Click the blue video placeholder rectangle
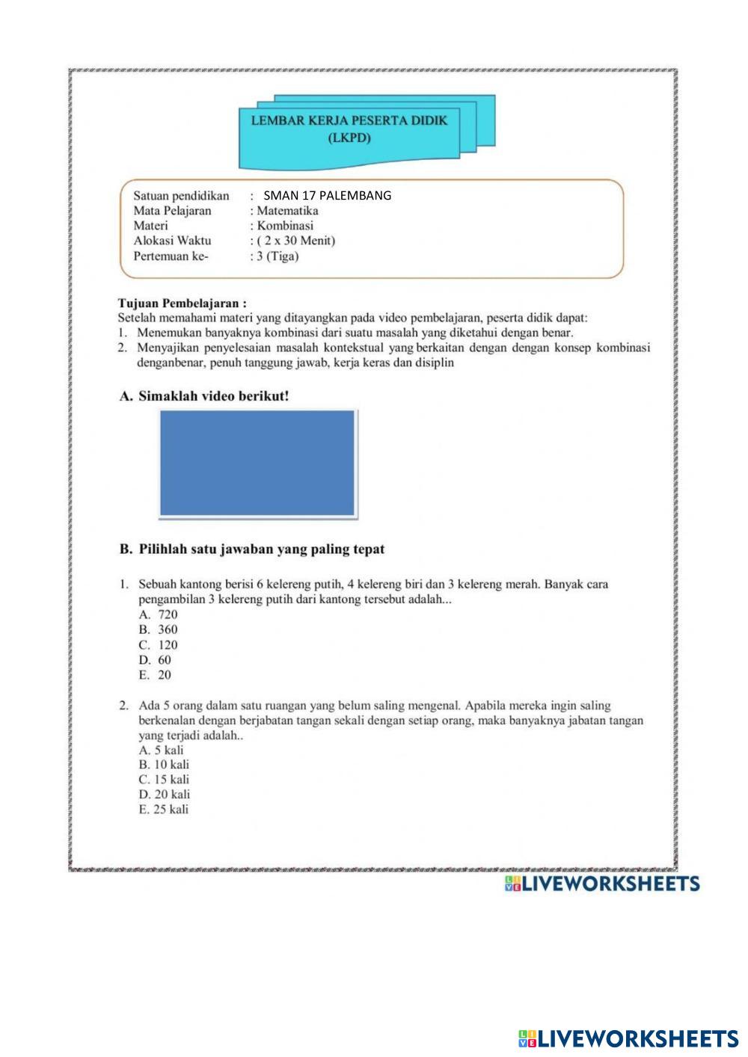click(258, 463)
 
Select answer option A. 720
click(159, 614)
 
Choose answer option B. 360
click(159, 629)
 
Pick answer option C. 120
click(159, 645)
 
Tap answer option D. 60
click(156, 660)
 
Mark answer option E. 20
click(156, 675)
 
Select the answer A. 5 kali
click(161, 750)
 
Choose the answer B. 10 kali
click(164, 765)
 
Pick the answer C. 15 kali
click(164, 780)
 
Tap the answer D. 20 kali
click(164, 795)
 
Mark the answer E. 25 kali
click(164, 810)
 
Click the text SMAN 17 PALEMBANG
click(328, 196)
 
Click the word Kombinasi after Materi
click(285, 226)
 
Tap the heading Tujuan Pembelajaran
click(183, 303)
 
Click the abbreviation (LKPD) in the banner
click(350, 138)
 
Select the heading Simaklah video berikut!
click(213, 396)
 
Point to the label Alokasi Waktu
click(172, 241)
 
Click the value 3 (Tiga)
click(278, 256)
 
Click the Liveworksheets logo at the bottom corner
click(628, 1038)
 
